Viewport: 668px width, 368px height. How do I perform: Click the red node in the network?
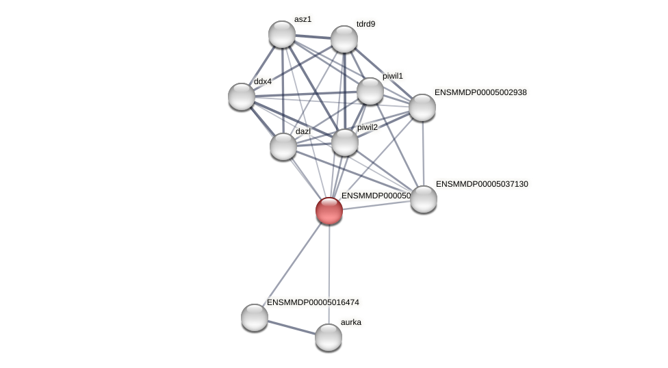(x=329, y=211)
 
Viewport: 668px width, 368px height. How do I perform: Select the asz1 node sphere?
(x=282, y=34)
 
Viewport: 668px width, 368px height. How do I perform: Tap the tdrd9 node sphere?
(x=344, y=39)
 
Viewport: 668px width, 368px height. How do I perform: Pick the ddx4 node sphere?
(x=242, y=96)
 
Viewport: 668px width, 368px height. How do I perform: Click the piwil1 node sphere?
(x=370, y=91)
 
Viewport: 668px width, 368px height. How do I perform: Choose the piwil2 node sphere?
(x=345, y=142)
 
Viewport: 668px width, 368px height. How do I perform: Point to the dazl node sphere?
(x=283, y=146)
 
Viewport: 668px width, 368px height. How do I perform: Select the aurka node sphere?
(x=329, y=337)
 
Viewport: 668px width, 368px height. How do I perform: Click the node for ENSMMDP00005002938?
(x=422, y=107)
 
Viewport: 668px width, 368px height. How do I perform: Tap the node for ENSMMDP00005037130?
(x=424, y=199)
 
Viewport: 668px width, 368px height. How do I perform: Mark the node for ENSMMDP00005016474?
(x=255, y=317)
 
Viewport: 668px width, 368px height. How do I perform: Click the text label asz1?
(x=303, y=19)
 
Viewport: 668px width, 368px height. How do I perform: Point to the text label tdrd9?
(x=365, y=24)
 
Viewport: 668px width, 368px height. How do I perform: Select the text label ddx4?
(x=263, y=81)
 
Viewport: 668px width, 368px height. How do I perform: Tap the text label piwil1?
(x=393, y=76)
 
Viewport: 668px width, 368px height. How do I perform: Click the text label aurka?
(x=351, y=322)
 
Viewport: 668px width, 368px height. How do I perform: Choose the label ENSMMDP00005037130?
(x=482, y=184)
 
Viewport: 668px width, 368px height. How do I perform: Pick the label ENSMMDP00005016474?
(x=313, y=302)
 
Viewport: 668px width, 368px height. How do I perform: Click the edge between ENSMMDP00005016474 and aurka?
(x=292, y=328)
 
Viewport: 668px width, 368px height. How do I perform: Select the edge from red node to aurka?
(x=329, y=274)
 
